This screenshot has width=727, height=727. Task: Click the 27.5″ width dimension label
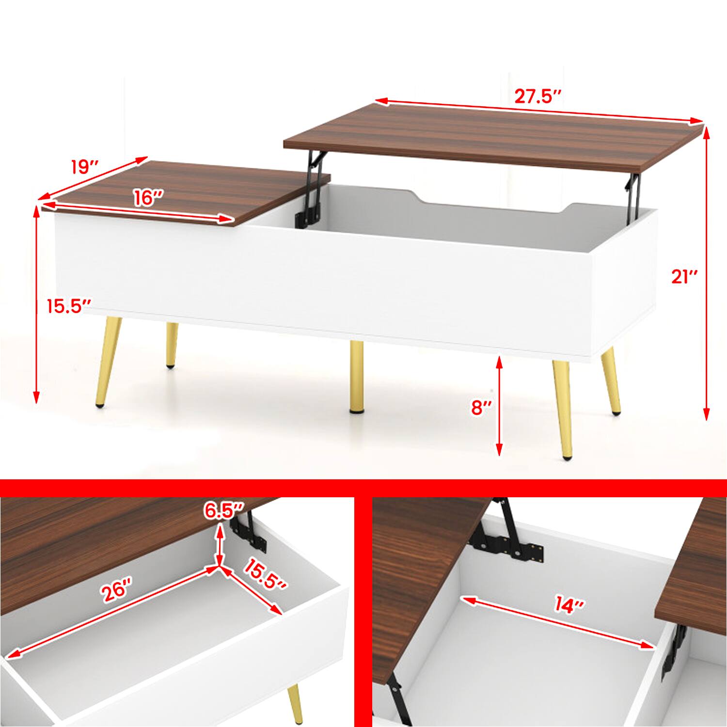[x=537, y=96]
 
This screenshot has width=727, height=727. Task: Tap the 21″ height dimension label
[x=684, y=277]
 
